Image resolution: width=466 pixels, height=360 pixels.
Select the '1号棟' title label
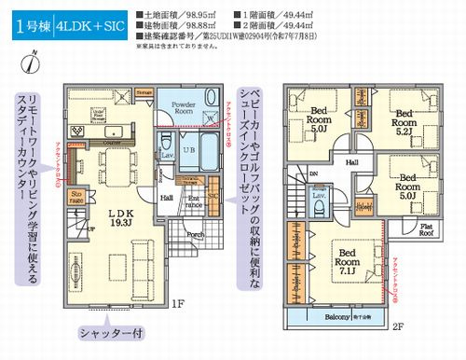click(x=31, y=24)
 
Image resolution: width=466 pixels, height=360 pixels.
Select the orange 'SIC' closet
click(x=212, y=197)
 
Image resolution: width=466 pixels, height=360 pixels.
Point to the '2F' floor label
click(x=397, y=327)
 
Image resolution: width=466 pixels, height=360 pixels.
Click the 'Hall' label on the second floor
click(x=351, y=161)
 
